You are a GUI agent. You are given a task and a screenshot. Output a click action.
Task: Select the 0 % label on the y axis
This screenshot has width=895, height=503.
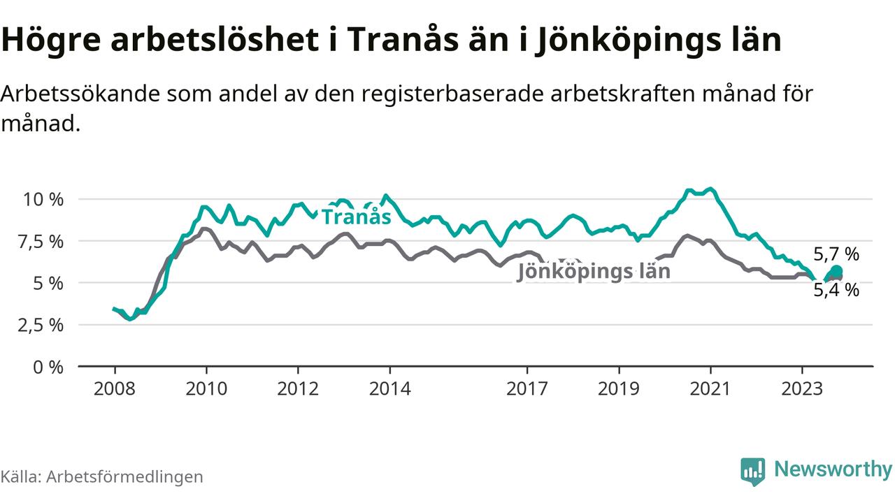coord(48,367)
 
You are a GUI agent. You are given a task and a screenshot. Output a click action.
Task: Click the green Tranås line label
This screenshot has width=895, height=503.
coord(356,217)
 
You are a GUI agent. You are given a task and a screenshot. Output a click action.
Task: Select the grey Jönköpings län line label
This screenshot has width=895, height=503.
coord(593,272)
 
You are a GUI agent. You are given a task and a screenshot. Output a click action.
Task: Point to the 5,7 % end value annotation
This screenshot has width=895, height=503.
coord(836,254)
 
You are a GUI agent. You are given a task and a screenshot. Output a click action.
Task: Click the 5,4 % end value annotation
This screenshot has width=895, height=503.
coord(836,290)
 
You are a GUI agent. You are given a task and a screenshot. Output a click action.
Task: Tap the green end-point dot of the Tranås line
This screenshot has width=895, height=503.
coord(836,271)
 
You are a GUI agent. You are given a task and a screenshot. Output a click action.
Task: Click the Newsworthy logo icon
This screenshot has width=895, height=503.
coord(752,472)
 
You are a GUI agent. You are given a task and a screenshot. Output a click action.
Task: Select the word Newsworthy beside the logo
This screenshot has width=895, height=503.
coord(833,469)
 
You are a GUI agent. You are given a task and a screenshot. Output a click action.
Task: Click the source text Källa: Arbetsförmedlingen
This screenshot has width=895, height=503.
coord(102,476)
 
